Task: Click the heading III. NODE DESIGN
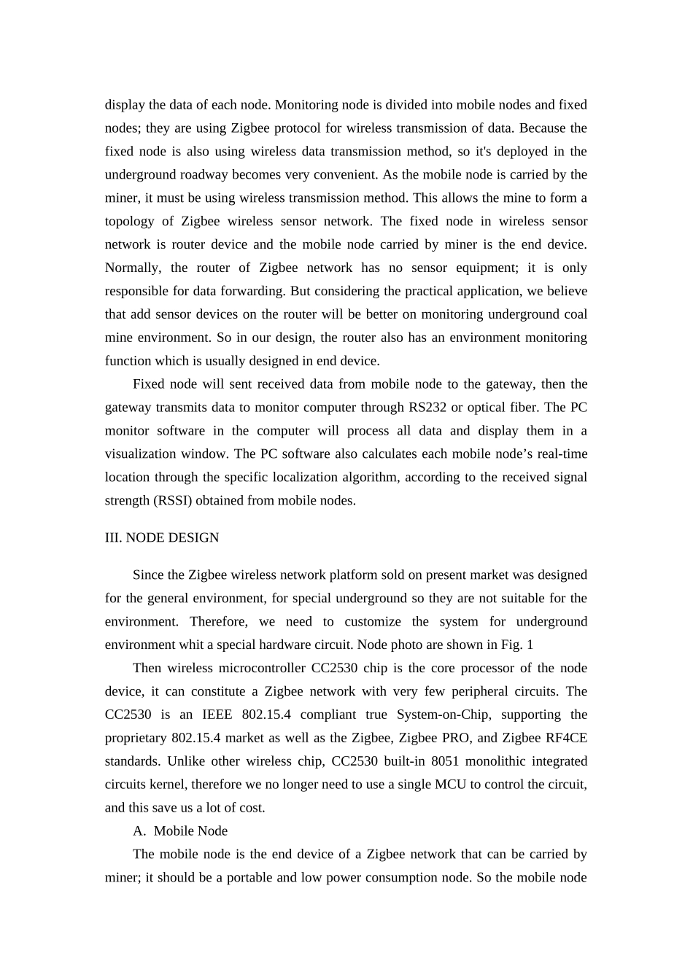(162, 538)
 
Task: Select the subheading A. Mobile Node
(180, 831)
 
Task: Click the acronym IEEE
(217, 715)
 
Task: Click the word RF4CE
(566, 738)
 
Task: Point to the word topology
(129, 222)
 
